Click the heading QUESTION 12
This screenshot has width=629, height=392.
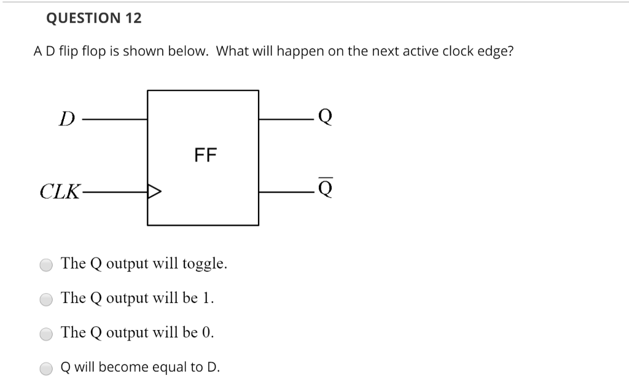click(x=94, y=18)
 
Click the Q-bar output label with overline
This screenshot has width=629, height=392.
click(x=326, y=190)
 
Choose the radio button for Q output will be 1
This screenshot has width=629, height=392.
click(x=47, y=300)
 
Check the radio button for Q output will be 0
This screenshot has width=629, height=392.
click(x=47, y=334)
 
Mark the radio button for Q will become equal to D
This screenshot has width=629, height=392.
click(x=47, y=369)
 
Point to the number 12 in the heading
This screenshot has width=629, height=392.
click(x=133, y=18)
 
